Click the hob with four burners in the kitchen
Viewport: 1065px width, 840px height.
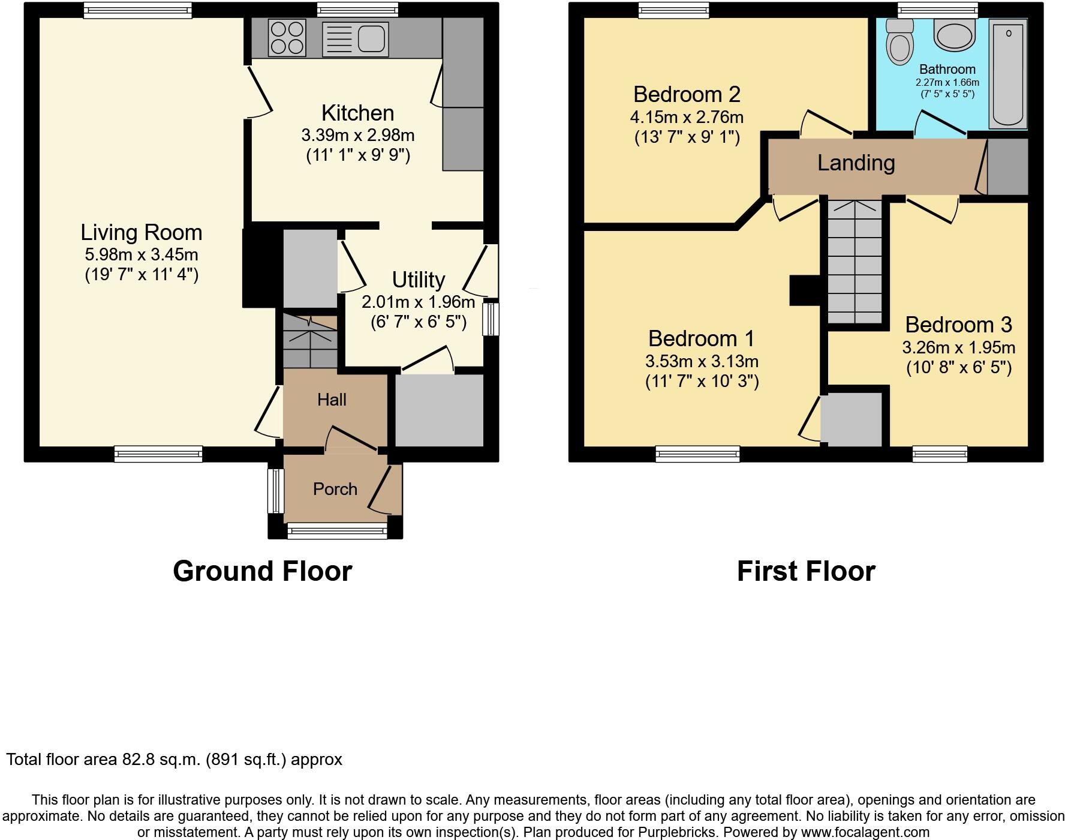click(287, 38)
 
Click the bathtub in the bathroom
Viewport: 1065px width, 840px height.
click(1008, 74)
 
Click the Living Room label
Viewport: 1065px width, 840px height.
click(142, 233)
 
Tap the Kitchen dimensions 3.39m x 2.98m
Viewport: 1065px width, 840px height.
click(358, 136)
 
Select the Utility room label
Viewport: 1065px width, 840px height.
click(419, 280)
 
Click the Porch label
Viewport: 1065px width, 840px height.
click(335, 490)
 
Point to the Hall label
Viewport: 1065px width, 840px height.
click(332, 400)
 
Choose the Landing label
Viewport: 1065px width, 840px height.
click(856, 163)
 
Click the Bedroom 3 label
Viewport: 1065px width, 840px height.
click(958, 325)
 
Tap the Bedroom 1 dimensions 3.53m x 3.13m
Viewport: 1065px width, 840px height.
click(702, 362)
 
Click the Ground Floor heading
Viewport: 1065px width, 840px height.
click(263, 571)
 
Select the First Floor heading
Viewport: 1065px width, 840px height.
click(806, 571)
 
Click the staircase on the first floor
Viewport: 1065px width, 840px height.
click(855, 264)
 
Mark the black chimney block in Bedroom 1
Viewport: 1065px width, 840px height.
click(805, 290)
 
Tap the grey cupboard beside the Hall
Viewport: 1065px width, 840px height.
click(439, 411)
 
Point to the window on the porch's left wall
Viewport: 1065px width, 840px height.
click(275, 491)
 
